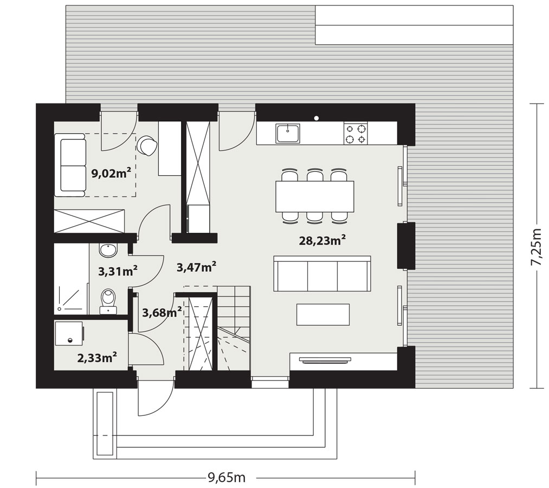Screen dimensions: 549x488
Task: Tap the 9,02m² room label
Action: coord(111,173)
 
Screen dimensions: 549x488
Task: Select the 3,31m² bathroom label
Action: coord(118,271)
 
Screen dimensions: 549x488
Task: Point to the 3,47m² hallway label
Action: coord(196,267)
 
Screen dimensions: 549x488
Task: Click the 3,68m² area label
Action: coord(162,311)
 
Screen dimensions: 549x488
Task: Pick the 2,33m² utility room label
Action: coord(97,357)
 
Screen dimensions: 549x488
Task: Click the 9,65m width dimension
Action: coord(227,477)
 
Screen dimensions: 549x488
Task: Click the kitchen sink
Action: coord(288,133)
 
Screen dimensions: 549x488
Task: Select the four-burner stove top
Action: coord(356,133)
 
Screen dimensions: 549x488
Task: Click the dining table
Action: coord(315,196)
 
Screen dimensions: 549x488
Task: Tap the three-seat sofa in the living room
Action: coord(322,274)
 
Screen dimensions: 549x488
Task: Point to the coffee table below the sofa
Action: coord(323,314)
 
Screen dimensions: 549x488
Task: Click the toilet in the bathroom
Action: coord(108,301)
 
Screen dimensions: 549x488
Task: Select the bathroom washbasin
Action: coord(108,250)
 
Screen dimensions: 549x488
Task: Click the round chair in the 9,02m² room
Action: coord(147,145)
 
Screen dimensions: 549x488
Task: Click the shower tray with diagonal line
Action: coord(71,298)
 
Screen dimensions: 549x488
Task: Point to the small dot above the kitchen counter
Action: coord(317,118)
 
